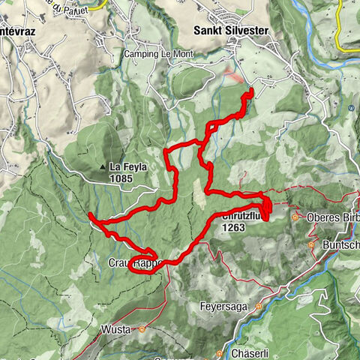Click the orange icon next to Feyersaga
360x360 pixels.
coord(258,307)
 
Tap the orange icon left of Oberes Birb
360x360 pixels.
coord(297,217)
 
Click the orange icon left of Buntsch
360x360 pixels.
coord(312,244)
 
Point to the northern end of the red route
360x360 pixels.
coord(250,91)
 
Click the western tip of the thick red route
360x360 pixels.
coord(90,216)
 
